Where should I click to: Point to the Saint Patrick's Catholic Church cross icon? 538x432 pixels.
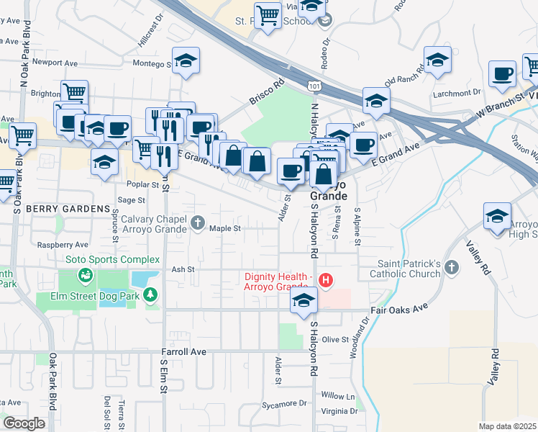click(x=451, y=268)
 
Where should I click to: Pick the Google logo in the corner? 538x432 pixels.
click(x=24, y=423)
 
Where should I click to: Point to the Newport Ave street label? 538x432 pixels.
click(x=55, y=63)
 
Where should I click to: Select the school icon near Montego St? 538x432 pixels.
click(x=186, y=61)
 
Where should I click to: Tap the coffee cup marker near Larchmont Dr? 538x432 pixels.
click(x=502, y=73)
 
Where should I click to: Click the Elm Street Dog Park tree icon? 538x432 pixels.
click(x=150, y=294)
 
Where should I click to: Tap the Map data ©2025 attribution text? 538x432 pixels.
click(x=507, y=426)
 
